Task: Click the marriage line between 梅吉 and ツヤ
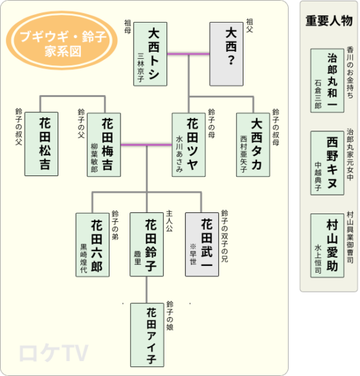pyautogui.click(x=146, y=144)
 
